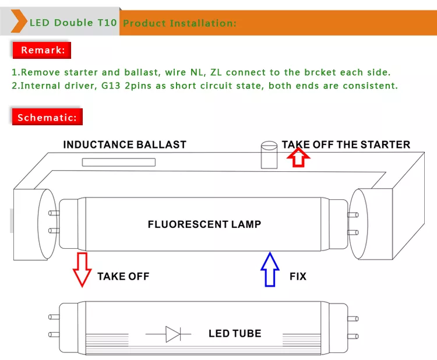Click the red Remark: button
[42, 50]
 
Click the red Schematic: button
[47, 118]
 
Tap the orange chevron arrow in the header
[19, 23]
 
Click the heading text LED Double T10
[73, 23]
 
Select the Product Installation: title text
[180, 23]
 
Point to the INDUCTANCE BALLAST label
[125, 144]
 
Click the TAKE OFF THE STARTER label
[346, 144]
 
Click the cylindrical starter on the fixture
[269, 154]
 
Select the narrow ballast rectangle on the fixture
[114, 161]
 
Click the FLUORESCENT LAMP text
[205, 224]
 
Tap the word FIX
[298, 276]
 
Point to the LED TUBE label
[235, 334]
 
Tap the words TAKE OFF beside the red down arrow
[123, 276]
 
